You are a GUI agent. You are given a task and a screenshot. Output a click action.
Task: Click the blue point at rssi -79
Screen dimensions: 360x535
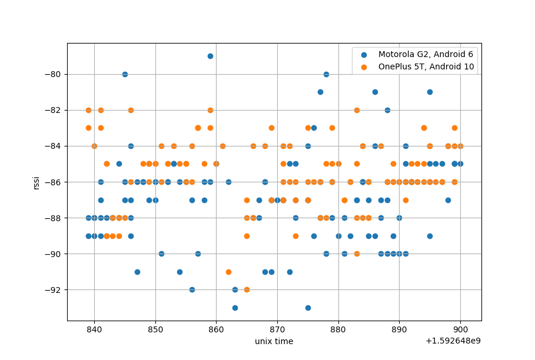pos(210,56)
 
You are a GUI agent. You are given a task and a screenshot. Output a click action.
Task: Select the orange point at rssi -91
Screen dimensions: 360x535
pos(228,272)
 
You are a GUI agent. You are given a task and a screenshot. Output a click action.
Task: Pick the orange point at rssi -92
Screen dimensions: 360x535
pos(247,289)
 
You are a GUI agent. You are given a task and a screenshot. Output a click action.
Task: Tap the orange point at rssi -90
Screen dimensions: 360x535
pos(357,254)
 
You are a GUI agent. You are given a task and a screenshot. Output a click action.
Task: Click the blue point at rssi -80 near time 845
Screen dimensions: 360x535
pos(125,74)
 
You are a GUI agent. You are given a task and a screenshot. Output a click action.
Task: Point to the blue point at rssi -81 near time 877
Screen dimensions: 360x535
pos(320,92)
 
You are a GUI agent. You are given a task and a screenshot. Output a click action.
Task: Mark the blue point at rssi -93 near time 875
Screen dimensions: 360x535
pos(308,308)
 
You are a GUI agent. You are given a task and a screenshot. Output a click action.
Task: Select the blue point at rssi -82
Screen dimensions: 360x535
pos(387,110)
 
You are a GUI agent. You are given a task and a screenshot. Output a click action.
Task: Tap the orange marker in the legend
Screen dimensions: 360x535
pos(363,66)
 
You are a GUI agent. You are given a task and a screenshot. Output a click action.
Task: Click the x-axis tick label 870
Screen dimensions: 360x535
pos(277,329)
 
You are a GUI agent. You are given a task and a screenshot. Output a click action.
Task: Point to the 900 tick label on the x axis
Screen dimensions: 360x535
pos(460,329)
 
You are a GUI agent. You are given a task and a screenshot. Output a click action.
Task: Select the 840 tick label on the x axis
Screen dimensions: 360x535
pos(94,329)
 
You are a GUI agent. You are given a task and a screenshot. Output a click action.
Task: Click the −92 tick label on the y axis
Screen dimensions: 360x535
pos(53,289)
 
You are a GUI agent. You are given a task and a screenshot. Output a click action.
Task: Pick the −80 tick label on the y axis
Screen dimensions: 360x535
pos(53,74)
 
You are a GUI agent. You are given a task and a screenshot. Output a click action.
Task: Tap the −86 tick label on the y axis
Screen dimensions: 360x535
pos(53,182)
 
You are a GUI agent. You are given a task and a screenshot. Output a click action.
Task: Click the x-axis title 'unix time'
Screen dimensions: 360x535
pos(274,341)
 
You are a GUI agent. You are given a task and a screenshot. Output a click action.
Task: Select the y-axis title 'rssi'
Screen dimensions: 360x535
pos(36,182)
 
